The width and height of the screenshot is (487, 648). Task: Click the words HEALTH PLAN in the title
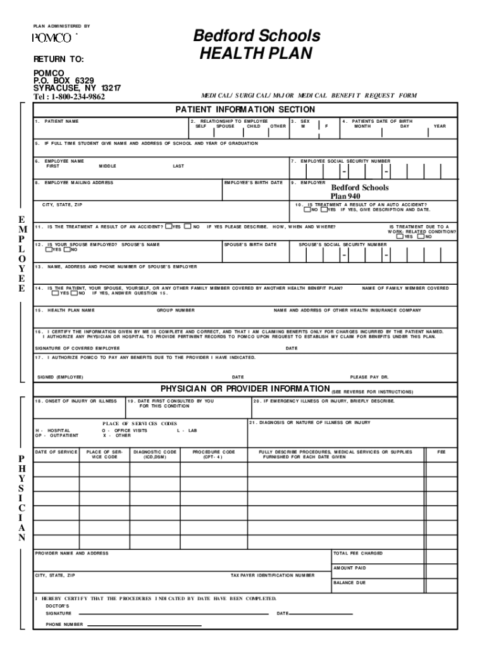coord(256,54)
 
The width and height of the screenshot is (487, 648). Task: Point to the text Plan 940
coord(345,196)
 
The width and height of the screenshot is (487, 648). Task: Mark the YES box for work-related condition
coord(400,237)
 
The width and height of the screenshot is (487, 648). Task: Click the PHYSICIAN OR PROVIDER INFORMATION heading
coord(245,388)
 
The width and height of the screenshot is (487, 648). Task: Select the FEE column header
coord(441,452)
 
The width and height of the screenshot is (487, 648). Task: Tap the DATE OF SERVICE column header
coord(56,452)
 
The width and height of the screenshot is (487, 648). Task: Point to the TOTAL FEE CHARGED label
coord(358,553)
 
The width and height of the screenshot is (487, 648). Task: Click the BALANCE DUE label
coord(349,582)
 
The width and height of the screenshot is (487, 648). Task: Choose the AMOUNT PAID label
coord(350,568)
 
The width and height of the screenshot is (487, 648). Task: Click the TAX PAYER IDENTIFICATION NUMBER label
coord(272,575)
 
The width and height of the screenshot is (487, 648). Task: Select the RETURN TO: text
coord(58,59)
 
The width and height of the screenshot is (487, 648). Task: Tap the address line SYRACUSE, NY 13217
coord(77,88)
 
